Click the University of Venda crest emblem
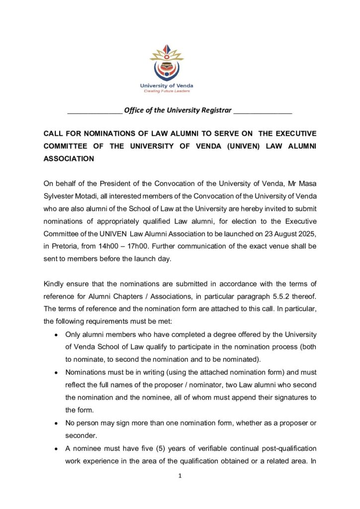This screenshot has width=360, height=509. pyautogui.click(x=167, y=64)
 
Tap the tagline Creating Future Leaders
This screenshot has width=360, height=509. pyautogui.click(x=167, y=91)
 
